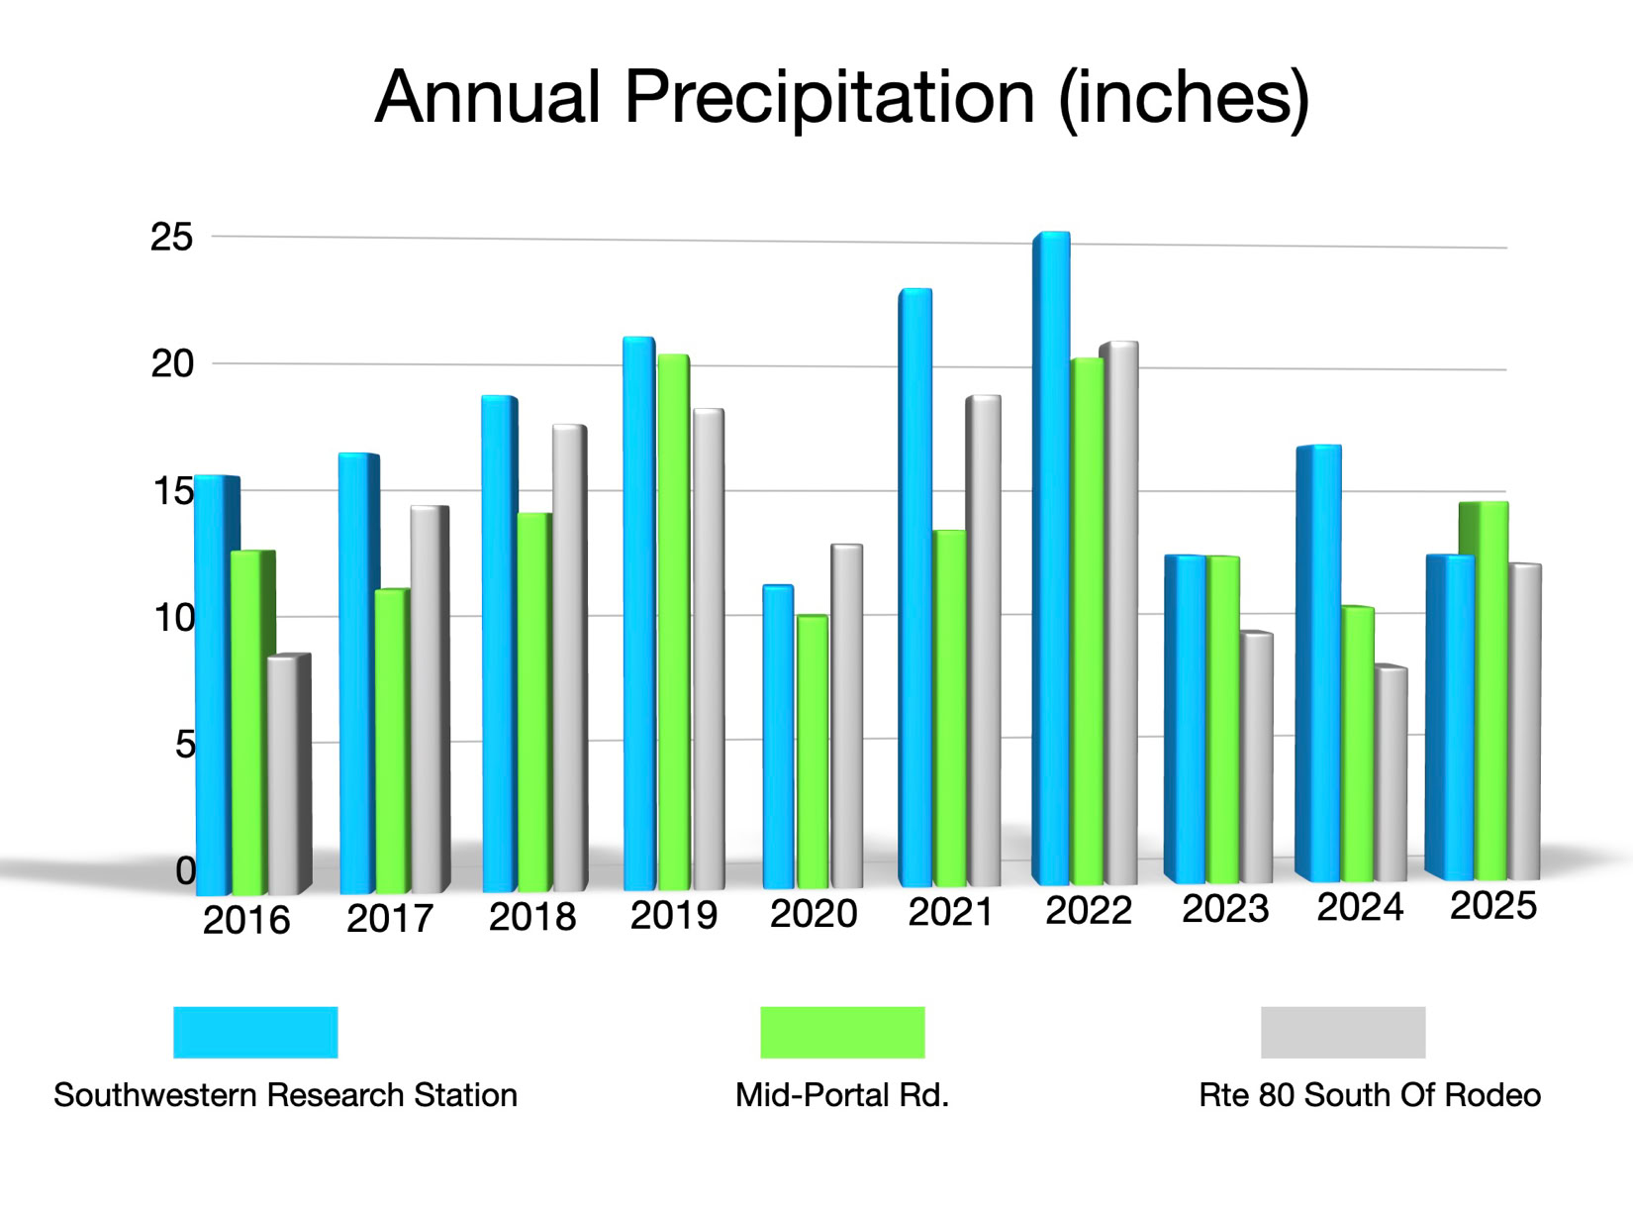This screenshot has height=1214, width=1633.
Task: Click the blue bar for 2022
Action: tap(1052, 559)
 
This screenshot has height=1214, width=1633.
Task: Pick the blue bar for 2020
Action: tap(778, 737)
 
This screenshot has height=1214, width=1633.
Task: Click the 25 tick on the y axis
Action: tap(171, 238)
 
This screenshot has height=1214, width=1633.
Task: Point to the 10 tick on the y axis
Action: tap(174, 619)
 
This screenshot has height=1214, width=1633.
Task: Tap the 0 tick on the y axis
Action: tap(185, 871)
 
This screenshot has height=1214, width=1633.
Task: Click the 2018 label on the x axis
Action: tap(532, 917)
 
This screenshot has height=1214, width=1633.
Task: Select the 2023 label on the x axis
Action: tap(1225, 908)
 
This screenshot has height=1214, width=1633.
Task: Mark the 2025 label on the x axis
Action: tap(1492, 905)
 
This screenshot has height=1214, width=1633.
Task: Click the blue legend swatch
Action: tap(255, 1032)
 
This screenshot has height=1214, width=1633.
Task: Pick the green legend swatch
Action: tap(842, 1032)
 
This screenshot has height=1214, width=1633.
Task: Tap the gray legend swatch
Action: tap(1343, 1032)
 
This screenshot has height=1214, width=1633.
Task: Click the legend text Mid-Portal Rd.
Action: tap(842, 1095)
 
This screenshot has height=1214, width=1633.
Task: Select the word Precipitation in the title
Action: tap(829, 97)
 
